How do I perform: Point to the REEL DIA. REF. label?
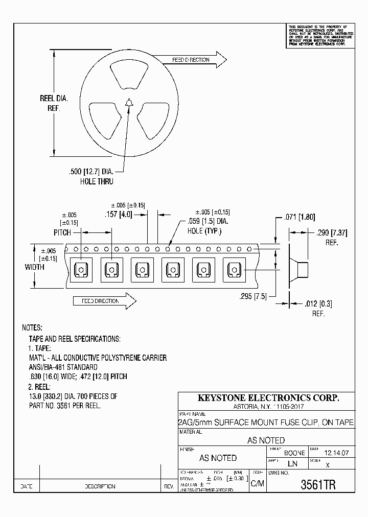[x=54, y=103]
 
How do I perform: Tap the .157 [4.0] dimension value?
[x=118, y=215]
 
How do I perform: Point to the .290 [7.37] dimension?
[x=331, y=233]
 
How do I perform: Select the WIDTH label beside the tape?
[x=34, y=267]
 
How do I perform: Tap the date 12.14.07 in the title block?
[x=336, y=453]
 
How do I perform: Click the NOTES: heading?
[x=32, y=327]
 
